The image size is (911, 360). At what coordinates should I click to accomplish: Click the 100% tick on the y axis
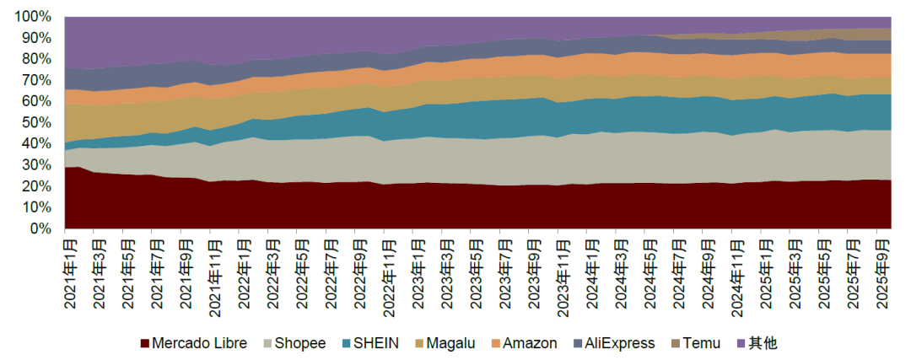(35, 17)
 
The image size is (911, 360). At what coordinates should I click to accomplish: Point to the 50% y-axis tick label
(38, 122)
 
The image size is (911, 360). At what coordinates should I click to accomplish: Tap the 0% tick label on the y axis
(43, 228)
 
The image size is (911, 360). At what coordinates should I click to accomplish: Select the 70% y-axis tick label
(38, 80)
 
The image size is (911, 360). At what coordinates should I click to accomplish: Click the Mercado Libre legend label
(199, 343)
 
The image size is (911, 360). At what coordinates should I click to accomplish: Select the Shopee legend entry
(299, 343)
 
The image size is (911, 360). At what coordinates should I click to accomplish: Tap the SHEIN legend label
(376, 343)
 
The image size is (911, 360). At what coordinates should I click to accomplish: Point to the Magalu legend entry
(450, 343)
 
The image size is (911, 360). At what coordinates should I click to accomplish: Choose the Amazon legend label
(530, 343)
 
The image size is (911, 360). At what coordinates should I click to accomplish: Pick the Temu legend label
(702, 343)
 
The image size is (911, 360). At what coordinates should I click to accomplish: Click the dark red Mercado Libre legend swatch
(144, 343)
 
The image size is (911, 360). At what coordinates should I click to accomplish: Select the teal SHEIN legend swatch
(345, 343)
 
